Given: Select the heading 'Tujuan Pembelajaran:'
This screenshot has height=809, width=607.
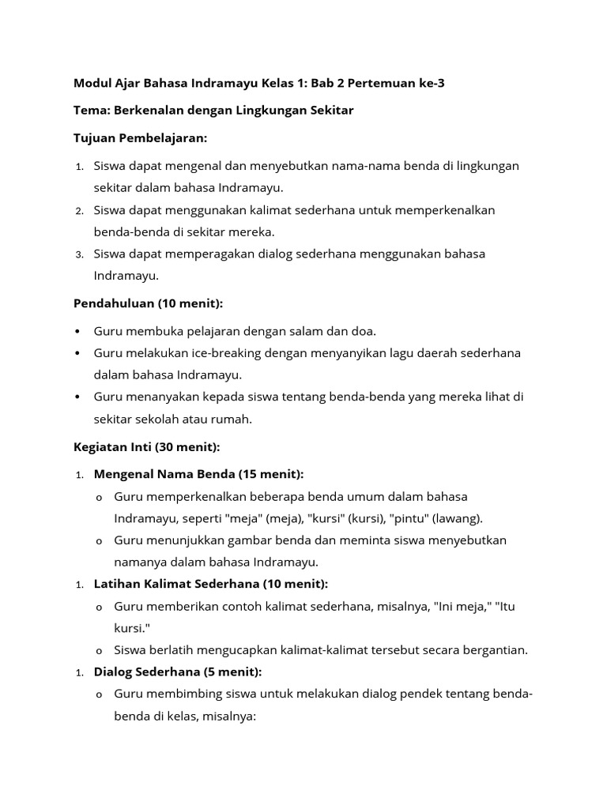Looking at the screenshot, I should point(140,138).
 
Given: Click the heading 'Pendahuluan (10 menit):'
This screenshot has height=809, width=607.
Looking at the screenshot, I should point(149,303).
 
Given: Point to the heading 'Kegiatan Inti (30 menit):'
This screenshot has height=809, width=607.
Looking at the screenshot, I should point(146,447).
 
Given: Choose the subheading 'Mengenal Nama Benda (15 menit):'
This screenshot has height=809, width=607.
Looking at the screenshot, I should point(198,474).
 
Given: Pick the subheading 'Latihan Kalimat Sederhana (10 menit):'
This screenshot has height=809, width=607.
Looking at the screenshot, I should point(210,584).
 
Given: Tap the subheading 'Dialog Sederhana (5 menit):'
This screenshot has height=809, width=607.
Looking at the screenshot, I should point(177,672).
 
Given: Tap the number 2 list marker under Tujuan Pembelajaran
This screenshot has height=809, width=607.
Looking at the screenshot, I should point(80,211).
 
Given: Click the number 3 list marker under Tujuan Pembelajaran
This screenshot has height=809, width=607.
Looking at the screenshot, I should point(80,254).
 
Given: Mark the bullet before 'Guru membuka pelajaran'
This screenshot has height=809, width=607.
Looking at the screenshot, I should point(77,331).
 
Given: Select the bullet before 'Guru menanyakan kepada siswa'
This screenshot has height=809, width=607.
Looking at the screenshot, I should point(77,397).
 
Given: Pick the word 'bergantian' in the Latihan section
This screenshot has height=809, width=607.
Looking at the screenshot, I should point(495,650).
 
